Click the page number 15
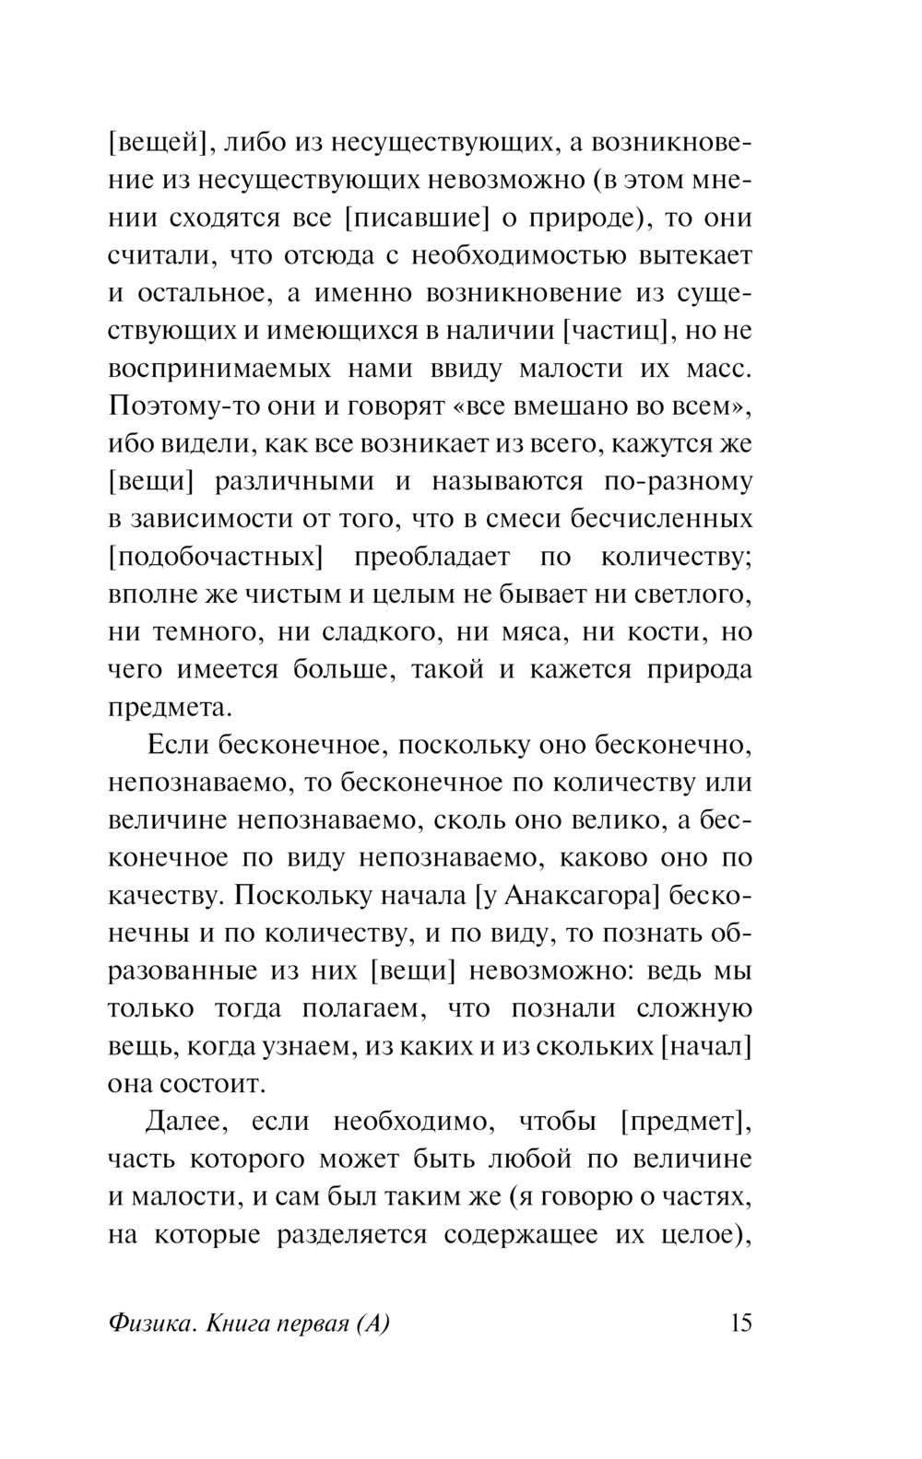coord(740,1324)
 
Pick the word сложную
coord(694,1008)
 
